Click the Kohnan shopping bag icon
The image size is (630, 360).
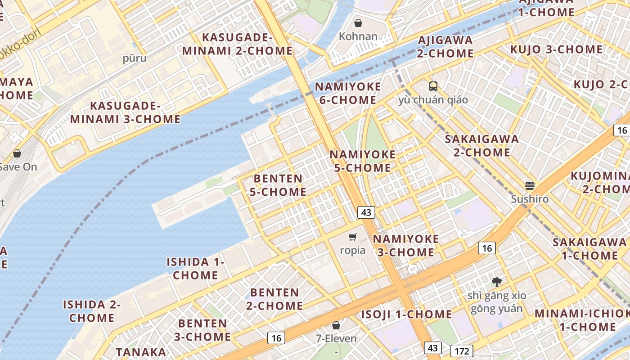[x=358, y=23]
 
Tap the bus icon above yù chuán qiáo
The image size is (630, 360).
[x=433, y=86]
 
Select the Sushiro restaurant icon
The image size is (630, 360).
[x=530, y=185]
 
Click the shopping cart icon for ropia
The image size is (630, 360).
[x=353, y=237]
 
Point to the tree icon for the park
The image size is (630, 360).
[x=497, y=282]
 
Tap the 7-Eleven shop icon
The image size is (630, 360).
[x=336, y=325]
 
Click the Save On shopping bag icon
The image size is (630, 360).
[x=17, y=153]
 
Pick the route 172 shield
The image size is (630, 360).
[x=462, y=351]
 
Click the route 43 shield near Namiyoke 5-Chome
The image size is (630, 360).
[x=367, y=212]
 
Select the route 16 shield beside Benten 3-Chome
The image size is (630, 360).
[x=276, y=338]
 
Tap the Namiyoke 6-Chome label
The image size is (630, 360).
[x=348, y=93]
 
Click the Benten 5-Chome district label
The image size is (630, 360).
[x=278, y=185]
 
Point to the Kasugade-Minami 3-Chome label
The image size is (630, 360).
[x=125, y=112]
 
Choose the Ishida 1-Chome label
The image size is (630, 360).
[x=195, y=268]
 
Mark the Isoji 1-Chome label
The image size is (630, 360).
[x=406, y=314]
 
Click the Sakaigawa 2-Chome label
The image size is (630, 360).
[x=481, y=145]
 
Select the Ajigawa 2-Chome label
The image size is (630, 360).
[x=445, y=47]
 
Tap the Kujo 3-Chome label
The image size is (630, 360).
[x=556, y=49]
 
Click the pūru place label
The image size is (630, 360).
[x=135, y=58]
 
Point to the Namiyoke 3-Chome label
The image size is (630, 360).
[x=405, y=245]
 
